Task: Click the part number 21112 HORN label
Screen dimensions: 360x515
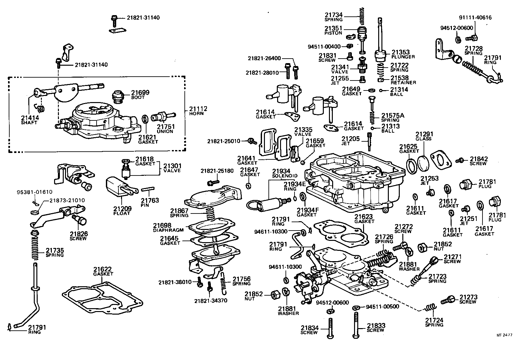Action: [x=198, y=111]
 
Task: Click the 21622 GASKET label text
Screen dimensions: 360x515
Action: [x=103, y=271]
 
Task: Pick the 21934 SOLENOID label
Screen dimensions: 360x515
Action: [x=281, y=174]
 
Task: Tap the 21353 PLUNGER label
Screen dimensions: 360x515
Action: [x=403, y=54]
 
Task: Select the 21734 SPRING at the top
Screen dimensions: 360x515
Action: [x=361, y=16]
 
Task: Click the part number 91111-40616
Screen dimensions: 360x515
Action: [x=475, y=18]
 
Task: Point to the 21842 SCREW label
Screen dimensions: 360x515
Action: [x=479, y=161]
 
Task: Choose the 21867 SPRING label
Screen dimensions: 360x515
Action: [x=179, y=213]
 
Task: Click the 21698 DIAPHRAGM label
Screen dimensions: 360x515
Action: [x=168, y=227]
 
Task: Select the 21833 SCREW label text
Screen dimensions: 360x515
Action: [x=376, y=327]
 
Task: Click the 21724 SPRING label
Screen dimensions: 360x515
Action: [x=434, y=322]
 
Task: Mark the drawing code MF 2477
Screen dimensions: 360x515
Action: [x=504, y=335]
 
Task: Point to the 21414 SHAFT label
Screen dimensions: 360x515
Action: [x=30, y=119]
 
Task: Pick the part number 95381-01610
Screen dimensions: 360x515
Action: [x=34, y=192]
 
